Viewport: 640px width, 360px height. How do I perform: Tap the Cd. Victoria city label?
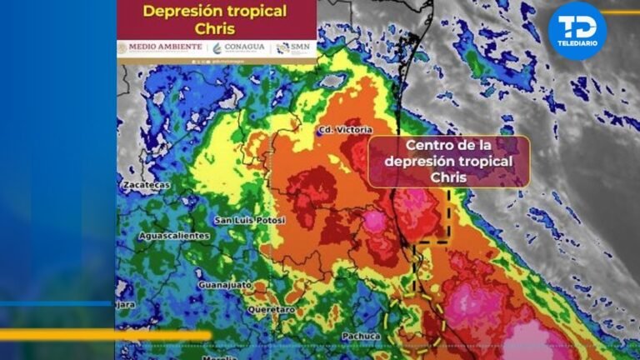pos(343,130)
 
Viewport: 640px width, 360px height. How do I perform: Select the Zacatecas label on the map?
pos(145,184)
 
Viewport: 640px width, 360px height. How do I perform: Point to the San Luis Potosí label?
pos(250,220)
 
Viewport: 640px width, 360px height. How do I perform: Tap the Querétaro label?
pos(271,309)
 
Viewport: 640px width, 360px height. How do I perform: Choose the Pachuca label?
pos(362,337)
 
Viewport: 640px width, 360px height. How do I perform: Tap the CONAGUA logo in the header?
pos(239,47)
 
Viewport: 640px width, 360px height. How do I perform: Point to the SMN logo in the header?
pos(293,47)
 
